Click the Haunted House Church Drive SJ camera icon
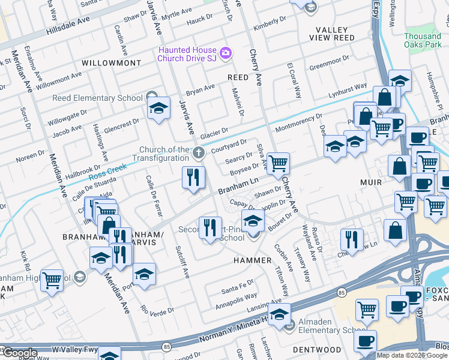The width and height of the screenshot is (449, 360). [x=226, y=53]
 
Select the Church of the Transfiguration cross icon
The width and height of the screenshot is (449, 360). [x=198, y=151]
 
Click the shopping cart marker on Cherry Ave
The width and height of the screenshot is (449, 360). [x=278, y=163]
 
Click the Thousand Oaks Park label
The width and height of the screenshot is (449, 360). [x=422, y=41]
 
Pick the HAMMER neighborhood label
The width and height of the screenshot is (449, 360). [x=253, y=261]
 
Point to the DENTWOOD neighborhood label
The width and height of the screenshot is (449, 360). [x=312, y=349]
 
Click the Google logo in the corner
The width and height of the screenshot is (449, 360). [x=19, y=353]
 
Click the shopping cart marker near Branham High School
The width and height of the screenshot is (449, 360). [x=52, y=279]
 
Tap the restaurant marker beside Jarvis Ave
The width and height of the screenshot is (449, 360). [x=193, y=176]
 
